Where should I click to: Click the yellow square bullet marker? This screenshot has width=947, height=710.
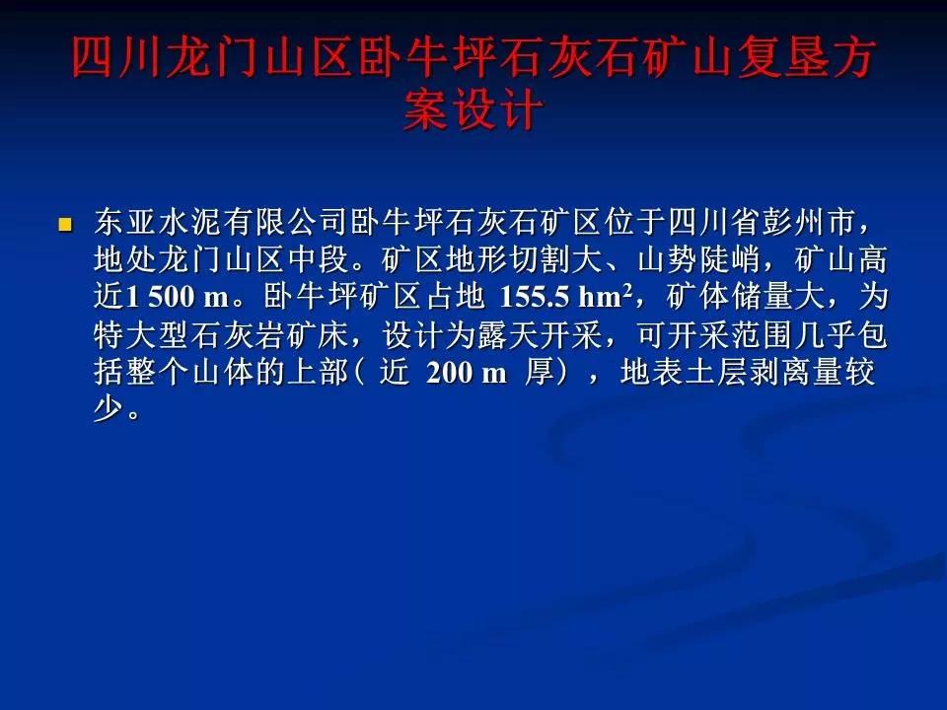tap(65, 225)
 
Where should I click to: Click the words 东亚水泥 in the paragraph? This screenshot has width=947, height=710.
tap(158, 222)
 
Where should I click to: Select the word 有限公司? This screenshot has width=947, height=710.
tap(285, 222)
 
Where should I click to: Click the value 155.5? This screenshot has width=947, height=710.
tap(535, 297)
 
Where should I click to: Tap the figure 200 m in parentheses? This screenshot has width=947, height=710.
tap(466, 372)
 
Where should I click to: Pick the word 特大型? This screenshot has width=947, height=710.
tap(141, 334)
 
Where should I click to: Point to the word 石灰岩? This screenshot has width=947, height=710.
tap(237, 334)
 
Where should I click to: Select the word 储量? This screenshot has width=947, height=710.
tap(761, 297)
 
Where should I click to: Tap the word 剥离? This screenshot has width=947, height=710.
tap(779, 372)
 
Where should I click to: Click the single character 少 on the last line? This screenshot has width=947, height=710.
tap(109, 409)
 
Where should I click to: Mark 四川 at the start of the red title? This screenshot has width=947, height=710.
tap(117, 58)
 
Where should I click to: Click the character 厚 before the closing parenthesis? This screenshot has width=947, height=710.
tap(539, 372)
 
